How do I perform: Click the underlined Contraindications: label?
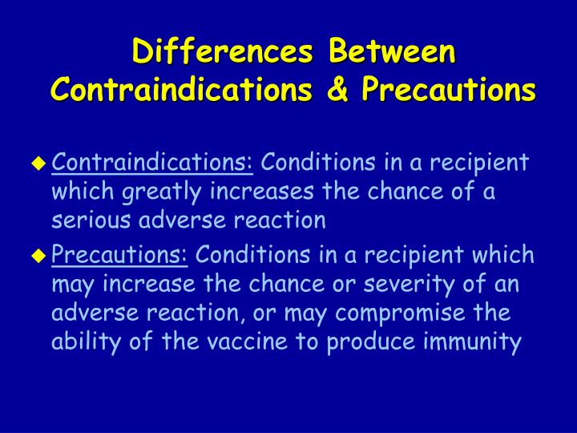point(152,163)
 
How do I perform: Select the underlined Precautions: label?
point(119,255)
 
